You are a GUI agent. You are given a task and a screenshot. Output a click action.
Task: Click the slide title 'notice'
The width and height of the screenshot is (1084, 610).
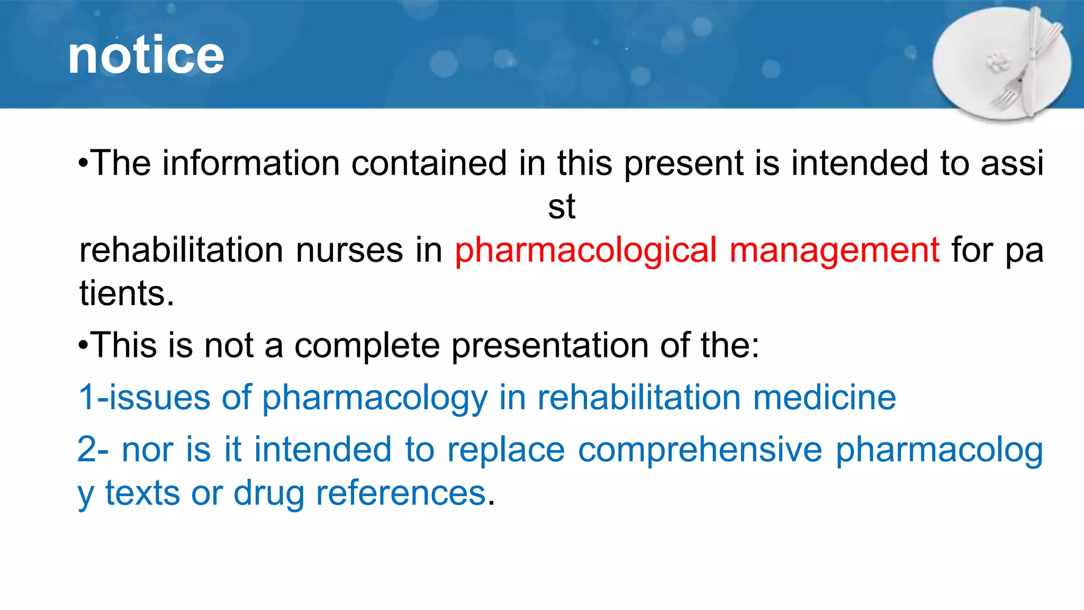tap(146, 56)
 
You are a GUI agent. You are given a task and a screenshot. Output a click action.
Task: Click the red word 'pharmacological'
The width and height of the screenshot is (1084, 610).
tap(585, 250)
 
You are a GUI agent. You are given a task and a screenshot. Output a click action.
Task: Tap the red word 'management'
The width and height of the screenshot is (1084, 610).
tap(834, 250)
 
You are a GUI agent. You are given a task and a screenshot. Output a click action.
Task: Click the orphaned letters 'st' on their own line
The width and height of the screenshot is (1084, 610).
tap(561, 207)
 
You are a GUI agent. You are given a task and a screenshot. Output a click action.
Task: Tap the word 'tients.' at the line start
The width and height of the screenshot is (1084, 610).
tap(126, 293)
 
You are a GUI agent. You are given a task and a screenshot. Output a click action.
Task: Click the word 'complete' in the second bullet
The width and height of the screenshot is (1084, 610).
tap(366, 346)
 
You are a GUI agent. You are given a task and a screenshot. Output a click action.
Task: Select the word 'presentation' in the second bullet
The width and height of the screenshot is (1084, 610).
tap(549, 346)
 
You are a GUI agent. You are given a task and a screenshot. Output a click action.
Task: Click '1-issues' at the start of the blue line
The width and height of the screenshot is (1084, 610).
tap(143, 398)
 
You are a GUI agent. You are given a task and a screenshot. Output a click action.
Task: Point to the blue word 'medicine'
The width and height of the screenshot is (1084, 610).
tap(824, 398)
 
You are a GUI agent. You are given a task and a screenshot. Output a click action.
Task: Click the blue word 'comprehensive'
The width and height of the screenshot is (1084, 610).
tap(700, 450)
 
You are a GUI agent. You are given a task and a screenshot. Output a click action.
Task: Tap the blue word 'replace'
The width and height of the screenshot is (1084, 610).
tap(505, 450)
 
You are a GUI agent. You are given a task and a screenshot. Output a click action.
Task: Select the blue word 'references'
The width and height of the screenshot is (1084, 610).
tap(401, 494)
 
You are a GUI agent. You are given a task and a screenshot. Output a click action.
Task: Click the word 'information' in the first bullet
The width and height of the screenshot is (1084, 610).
tap(250, 163)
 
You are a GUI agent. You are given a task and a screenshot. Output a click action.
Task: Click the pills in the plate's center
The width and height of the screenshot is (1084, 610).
tap(999, 62)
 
